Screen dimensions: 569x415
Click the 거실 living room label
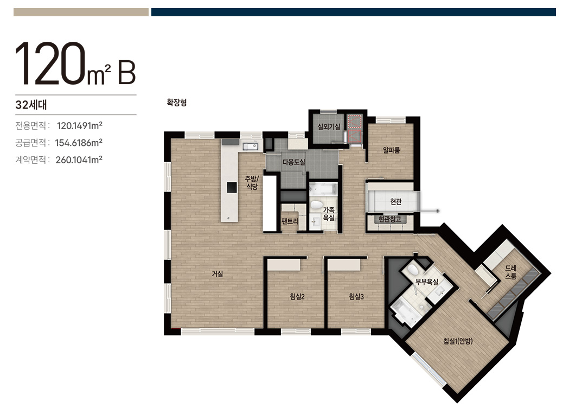click(218, 274)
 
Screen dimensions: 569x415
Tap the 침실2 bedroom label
click(297, 297)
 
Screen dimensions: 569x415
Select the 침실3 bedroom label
click(356, 297)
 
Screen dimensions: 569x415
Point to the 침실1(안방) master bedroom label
click(458, 341)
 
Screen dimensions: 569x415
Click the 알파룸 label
click(392, 150)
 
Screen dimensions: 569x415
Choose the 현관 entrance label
click(396, 201)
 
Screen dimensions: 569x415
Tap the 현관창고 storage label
click(390, 219)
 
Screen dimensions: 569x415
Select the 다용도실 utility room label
click(294, 162)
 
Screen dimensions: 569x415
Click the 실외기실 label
click(329, 127)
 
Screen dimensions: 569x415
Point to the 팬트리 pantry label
click(290, 221)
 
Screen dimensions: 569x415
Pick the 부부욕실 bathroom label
click(427, 282)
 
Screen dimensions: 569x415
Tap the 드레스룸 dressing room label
click(511, 272)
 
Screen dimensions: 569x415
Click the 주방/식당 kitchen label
click(252, 183)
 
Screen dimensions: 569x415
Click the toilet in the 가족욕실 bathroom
click(316, 204)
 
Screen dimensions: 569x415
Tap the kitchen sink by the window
click(250, 146)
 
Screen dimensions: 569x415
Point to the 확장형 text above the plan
click(177, 103)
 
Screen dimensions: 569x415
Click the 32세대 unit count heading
click(31, 105)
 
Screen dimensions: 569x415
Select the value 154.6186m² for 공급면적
click(79, 143)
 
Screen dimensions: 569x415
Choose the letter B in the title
click(126, 73)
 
